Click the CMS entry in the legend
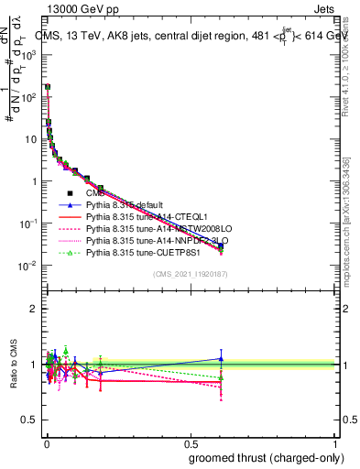(95, 193)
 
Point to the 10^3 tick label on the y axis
(29, 54)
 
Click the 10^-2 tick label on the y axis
(28, 266)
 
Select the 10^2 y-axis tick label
(29, 96)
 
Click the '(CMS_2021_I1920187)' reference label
(190, 274)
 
